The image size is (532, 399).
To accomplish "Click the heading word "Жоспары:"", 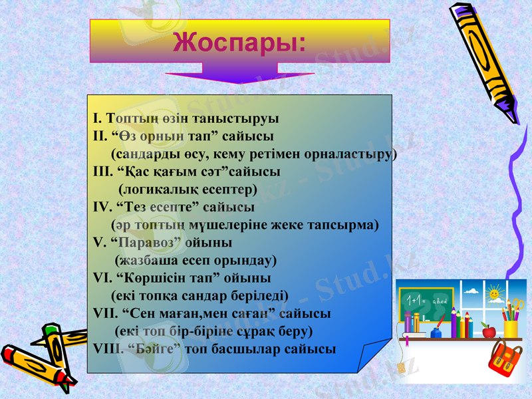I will (x=239, y=41).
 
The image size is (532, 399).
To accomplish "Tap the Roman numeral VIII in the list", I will (x=106, y=348).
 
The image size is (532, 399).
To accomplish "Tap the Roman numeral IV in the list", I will (x=102, y=206).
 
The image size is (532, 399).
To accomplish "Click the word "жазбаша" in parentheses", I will (x=149, y=259).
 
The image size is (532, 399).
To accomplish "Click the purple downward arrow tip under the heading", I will (x=239, y=81).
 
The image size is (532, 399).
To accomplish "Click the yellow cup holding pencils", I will (x=511, y=329).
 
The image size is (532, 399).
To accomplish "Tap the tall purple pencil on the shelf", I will (x=454, y=323).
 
